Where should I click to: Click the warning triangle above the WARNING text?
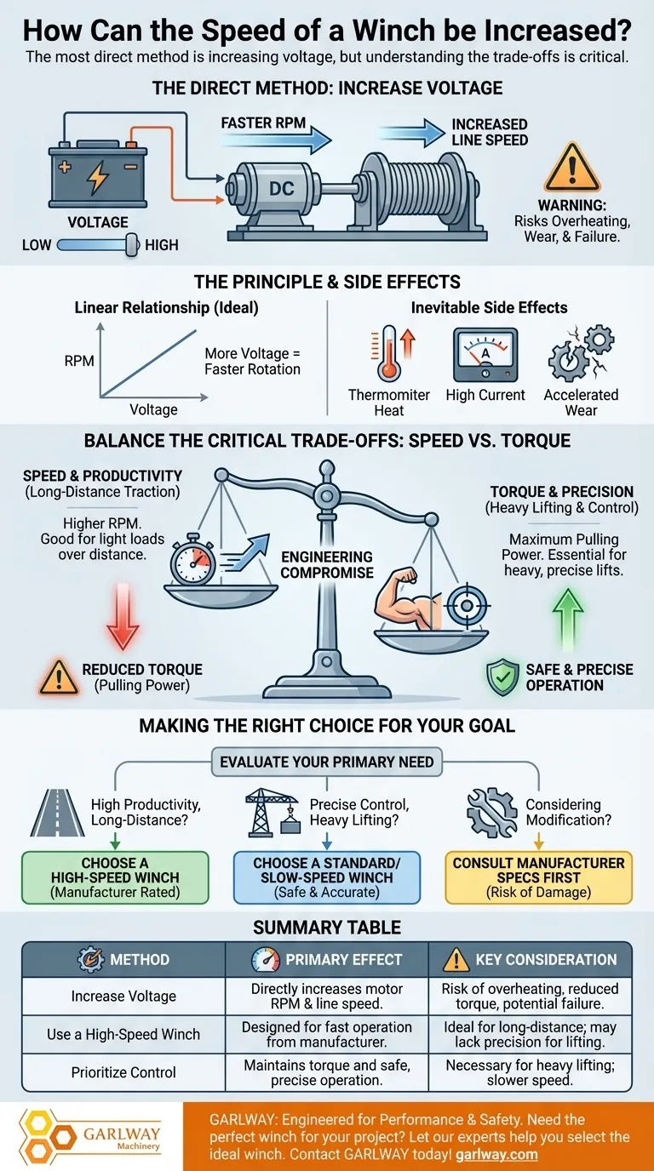[x=571, y=169]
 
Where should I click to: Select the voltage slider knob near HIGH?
[x=131, y=245]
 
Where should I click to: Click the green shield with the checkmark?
[x=502, y=677]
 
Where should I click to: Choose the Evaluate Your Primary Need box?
[x=327, y=762]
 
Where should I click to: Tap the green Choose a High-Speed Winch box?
[x=115, y=877]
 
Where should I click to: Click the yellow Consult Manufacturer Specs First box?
[x=539, y=877]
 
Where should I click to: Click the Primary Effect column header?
[x=327, y=959]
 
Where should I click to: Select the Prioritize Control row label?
[x=123, y=1071]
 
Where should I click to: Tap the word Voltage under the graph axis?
[x=153, y=409]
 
